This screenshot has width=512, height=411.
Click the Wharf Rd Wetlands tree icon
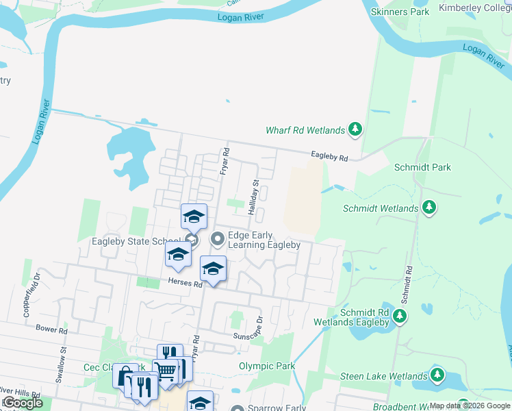point(355,128)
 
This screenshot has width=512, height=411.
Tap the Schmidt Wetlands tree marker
point(429,206)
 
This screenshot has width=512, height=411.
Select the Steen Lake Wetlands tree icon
point(437,375)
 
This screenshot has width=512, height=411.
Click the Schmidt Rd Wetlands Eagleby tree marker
point(400,316)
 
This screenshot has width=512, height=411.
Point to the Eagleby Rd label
point(329,158)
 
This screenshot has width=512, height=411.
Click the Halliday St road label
point(253,198)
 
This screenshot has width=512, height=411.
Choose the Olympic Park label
point(267,366)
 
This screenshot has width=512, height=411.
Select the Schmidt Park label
point(422,167)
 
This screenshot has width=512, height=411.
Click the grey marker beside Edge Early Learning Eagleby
point(218,239)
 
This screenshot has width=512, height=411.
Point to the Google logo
point(22,403)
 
